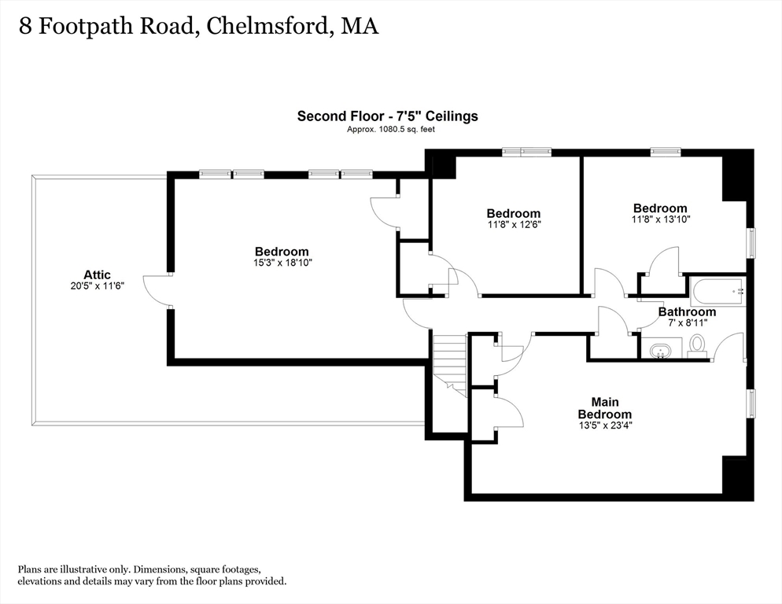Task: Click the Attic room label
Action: click(98, 274)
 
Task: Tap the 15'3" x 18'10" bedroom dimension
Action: click(282, 263)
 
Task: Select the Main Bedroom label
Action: click(605, 408)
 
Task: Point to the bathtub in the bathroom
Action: click(717, 292)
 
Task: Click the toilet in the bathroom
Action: click(697, 347)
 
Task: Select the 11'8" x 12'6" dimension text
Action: click(515, 224)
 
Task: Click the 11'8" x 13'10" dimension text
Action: click(662, 219)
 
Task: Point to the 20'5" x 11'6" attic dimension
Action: click(98, 286)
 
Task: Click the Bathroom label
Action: click(688, 311)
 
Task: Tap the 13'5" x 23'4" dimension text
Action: click(606, 425)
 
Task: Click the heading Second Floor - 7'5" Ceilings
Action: click(388, 116)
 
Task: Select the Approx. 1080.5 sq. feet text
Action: click(391, 129)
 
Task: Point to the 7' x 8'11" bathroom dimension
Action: click(688, 322)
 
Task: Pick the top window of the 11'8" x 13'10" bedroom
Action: click(666, 151)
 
